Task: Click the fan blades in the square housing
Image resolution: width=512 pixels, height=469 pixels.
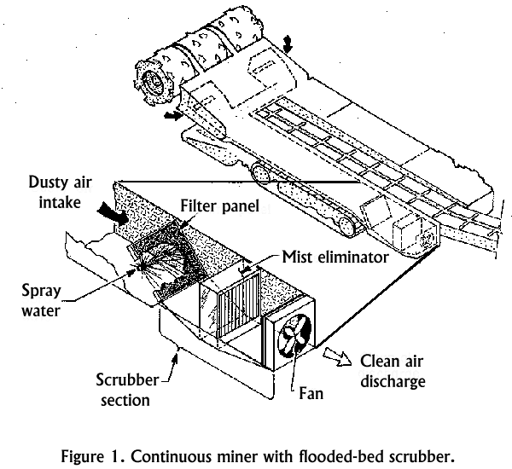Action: pos(292,336)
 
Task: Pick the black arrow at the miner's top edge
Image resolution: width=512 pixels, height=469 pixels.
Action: pos(293,44)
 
